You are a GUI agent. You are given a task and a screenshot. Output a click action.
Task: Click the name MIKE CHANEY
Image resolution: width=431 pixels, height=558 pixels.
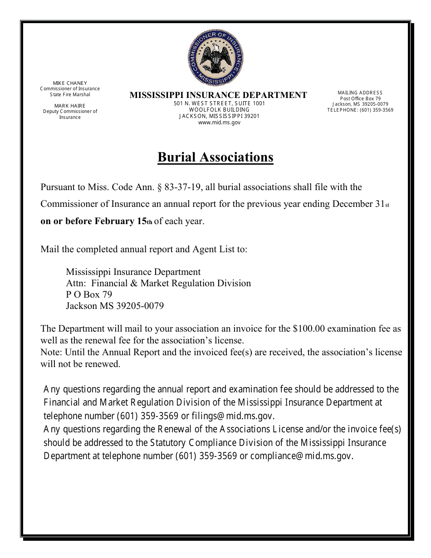tap(70, 83)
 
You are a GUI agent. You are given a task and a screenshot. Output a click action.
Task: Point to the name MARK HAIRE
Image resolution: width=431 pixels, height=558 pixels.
tap(70, 106)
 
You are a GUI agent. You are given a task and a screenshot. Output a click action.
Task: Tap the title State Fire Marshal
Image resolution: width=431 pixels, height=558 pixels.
tap(70, 94)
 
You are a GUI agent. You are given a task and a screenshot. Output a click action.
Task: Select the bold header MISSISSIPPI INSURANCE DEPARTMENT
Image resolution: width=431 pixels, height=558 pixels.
tap(218, 95)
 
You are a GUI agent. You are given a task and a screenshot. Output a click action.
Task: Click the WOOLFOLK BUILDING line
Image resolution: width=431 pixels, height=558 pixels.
tap(219, 110)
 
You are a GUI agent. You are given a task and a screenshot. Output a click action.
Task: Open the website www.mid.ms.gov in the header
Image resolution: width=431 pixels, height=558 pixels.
tap(219, 122)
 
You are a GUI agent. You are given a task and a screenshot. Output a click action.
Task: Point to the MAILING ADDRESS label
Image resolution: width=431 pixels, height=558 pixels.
tap(360, 93)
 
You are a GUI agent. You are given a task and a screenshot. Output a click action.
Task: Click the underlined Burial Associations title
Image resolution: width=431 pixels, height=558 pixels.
tap(215, 157)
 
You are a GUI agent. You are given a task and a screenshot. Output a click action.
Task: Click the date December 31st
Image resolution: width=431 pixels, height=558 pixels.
tap(361, 204)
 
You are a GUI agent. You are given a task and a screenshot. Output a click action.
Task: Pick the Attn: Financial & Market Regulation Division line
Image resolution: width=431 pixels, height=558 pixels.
tap(158, 283)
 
